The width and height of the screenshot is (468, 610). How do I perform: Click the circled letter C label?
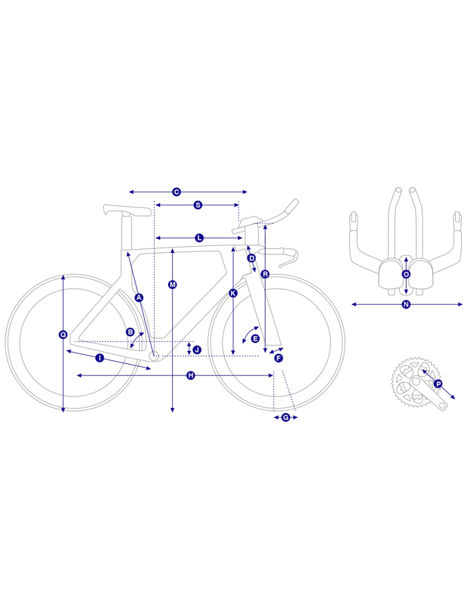pyautogui.click(x=176, y=192)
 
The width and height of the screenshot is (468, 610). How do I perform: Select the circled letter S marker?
pyautogui.click(x=198, y=205)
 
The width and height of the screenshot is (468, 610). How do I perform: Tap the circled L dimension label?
pyautogui.click(x=199, y=238)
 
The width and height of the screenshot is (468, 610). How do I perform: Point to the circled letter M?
pyautogui.click(x=172, y=284)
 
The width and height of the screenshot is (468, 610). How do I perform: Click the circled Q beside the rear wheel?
pyautogui.click(x=63, y=334)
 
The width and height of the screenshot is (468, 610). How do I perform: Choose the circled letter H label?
pyautogui.click(x=191, y=376)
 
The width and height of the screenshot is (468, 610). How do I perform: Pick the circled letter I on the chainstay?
pyautogui.click(x=100, y=358)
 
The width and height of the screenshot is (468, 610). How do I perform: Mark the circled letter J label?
pyautogui.click(x=197, y=350)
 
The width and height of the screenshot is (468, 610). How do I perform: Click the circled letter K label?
pyautogui.click(x=233, y=293)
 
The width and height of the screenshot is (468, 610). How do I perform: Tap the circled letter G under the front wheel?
pyautogui.click(x=286, y=417)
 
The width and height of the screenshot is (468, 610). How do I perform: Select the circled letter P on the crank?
pyautogui.click(x=438, y=384)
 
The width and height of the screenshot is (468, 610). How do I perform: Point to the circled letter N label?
pyautogui.click(x=406, y=304)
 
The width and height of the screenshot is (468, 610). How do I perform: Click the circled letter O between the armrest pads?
pyautogui.click(x=406, y=274)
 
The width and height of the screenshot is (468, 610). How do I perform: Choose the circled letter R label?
pyautogui.click(x=265, y=274)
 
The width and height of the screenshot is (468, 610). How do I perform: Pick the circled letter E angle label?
pyautogui.click(x=255, y=339)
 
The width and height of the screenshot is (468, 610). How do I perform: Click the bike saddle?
pyautogui.click(x=127, y=210)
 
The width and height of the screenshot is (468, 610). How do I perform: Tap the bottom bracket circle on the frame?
pyautogui.click(x=154, y=355)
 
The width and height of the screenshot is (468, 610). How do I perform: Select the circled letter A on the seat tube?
pyautogui.click(x=139, y=298)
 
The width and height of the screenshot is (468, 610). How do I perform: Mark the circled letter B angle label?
pyautogui.click(x=130, y=332)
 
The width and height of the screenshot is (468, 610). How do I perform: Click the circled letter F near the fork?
pyautogui.click(x=279, y=358)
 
